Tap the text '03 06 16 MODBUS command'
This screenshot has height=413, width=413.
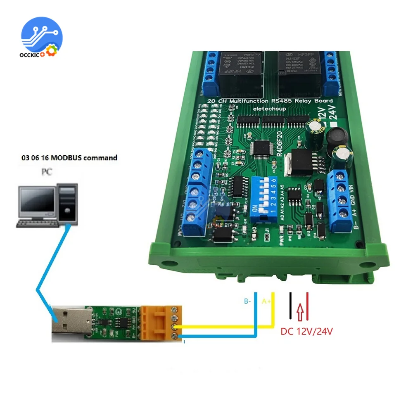[69, 158]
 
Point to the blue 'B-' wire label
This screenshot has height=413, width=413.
[247, 301]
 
